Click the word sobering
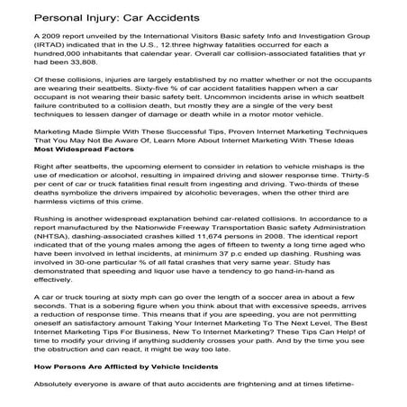click(x=116, y=332)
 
